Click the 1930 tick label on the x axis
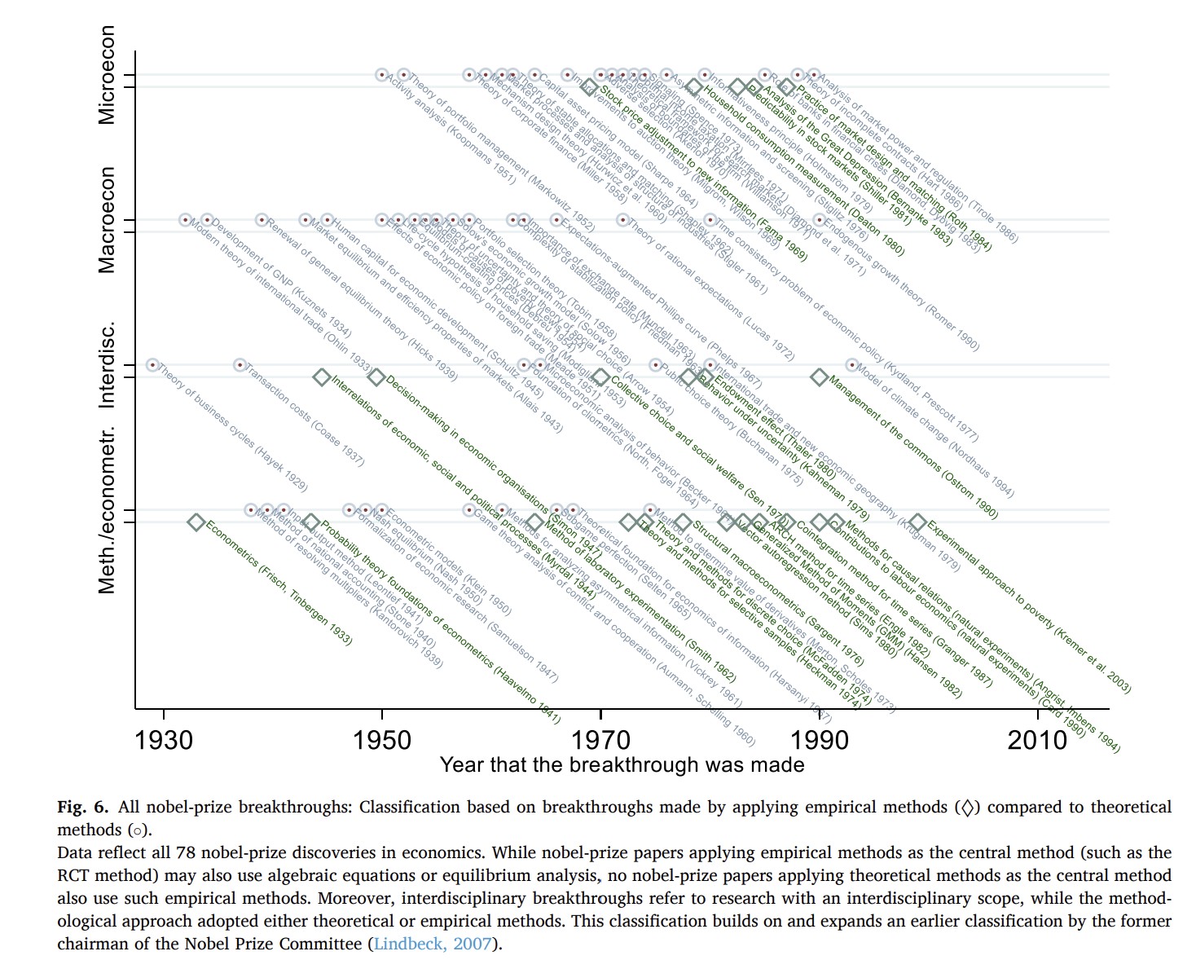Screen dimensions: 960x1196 tap(164, 739)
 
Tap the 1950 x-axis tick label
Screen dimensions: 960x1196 tap(382, 739)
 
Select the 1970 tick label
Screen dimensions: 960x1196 tap(600, 739)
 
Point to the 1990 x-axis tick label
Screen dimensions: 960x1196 tap(819, 739)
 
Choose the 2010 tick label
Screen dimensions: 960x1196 tap(1037, 739)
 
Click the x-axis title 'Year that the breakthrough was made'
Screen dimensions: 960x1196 tap(622, 765)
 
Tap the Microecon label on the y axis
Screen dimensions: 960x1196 tap(107, 76)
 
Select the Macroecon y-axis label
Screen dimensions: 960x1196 tap(107, 220)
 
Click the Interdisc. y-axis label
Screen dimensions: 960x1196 tap(107, 364)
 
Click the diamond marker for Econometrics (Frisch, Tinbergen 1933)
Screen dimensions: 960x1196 tap(196, 522)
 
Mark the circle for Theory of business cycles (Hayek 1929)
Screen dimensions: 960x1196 tap(152, 364)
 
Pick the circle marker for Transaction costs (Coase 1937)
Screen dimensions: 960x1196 tap(240, 364)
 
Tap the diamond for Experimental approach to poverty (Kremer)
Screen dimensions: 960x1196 tap(917, 522)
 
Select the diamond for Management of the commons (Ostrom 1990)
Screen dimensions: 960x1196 tap(819, 377)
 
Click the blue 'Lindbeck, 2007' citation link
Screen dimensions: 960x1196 tap(433, 944)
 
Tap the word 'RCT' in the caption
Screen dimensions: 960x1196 tap(73, 876)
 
